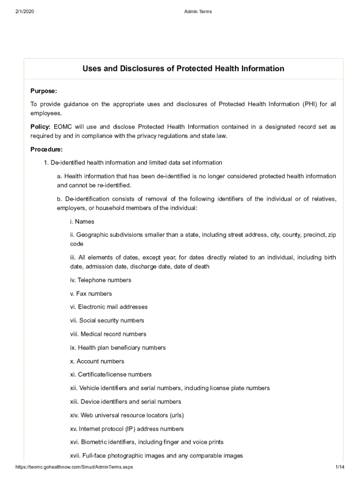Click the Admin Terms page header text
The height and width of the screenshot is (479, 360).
pos(198,12)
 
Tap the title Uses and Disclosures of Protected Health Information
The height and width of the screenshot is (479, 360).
pos(183,69)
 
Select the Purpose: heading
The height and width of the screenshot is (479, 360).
pos(43,91)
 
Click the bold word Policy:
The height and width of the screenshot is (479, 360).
pos(41,127)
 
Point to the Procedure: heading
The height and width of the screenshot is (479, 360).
pos(46,149)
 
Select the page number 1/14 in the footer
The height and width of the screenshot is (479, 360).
pos(339,467)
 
